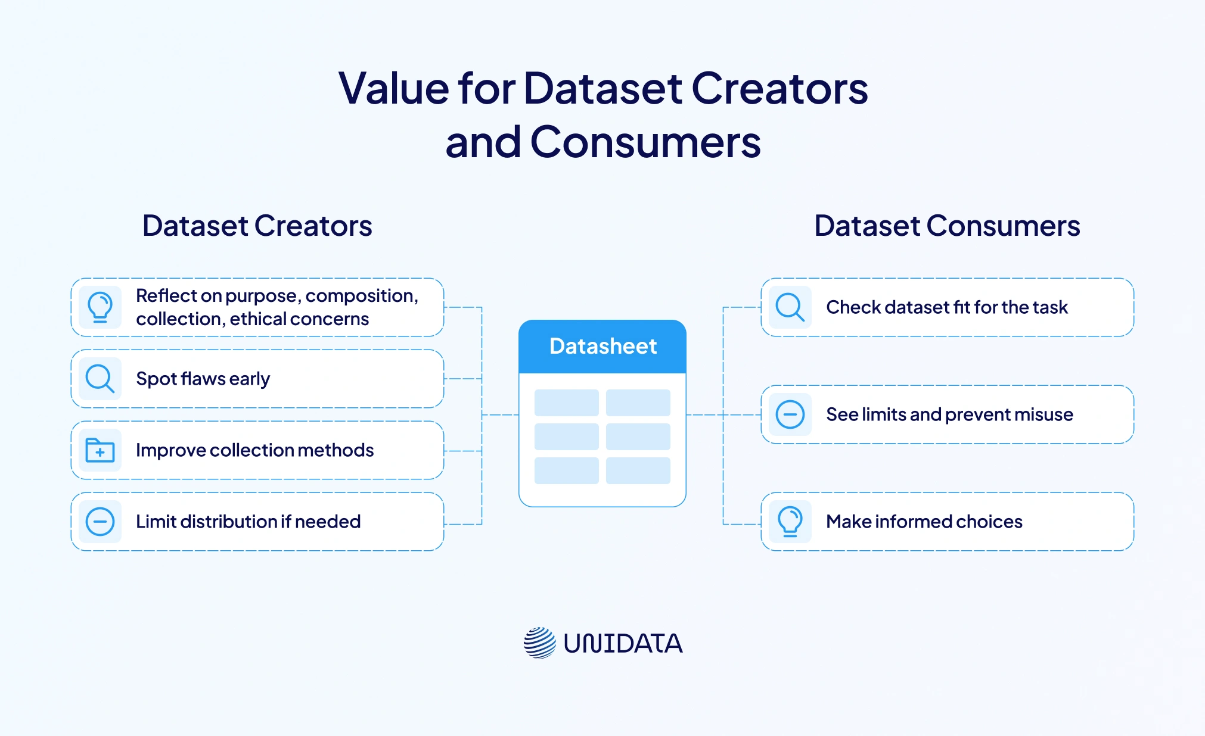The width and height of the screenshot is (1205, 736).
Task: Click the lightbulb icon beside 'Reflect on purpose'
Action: [100, 307]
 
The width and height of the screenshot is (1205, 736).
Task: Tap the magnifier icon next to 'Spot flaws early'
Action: [100, 379]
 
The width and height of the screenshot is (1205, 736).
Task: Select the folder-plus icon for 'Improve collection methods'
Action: [100, 450]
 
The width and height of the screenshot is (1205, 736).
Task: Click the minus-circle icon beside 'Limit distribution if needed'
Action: [100, 522]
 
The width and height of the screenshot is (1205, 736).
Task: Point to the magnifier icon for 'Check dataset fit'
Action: [790, 307]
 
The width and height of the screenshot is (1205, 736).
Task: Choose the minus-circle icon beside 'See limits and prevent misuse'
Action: [790, 414]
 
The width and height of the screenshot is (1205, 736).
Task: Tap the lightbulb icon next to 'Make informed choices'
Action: [790, 522]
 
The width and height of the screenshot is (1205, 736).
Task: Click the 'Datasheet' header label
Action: [602, 346]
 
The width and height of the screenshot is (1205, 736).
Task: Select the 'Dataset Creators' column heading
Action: [257, 226]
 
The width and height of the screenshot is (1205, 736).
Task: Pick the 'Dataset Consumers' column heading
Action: [947, 226]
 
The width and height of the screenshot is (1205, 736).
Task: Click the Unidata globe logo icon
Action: [540, 643]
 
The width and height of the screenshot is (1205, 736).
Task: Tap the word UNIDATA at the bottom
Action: [623, 644]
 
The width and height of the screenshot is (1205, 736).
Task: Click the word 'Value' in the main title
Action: [394, 89]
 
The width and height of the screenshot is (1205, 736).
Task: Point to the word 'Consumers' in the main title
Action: [645, 142]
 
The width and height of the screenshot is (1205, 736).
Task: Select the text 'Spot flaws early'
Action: [203, 379]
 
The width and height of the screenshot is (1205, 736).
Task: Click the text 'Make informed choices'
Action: [924, 522]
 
